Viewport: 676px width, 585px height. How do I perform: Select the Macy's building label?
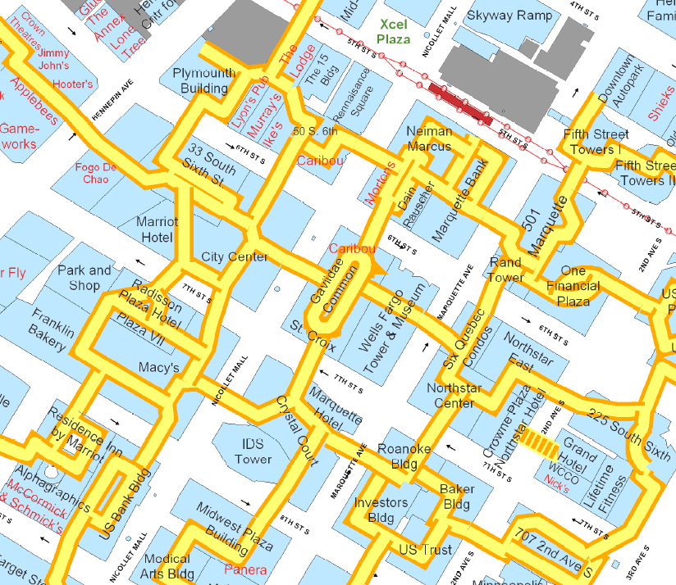pos(159,368)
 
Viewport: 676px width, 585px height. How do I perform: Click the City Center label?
pos(235,256)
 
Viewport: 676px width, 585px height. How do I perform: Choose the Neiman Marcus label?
pos(429,138)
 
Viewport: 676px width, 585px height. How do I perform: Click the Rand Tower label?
pos(505,270)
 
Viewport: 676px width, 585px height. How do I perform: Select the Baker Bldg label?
pos(457,497)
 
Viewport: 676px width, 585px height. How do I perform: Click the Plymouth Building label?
pos(204,80)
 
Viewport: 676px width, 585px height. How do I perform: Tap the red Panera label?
pos(244,569)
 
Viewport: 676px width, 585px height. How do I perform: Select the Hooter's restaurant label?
pos(73,84)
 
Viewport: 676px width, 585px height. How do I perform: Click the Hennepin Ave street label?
pos(112,106)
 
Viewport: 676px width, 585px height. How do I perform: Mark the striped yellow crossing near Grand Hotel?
pos(540,442)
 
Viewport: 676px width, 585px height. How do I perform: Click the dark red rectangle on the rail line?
pos(459,102)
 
